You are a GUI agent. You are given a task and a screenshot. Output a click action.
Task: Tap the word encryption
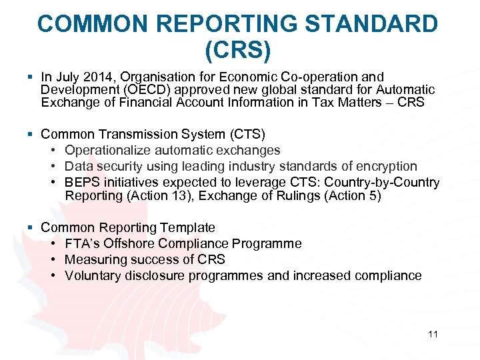click(x=385, y=167)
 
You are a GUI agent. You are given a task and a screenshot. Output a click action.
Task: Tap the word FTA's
click(x=82, y=244)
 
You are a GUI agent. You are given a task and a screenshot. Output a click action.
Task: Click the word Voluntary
click(x=93, y=276)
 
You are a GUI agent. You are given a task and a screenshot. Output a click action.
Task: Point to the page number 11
click(x=433, y=334)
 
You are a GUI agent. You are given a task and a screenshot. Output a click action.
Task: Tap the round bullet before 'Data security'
click(x=53, y=167)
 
